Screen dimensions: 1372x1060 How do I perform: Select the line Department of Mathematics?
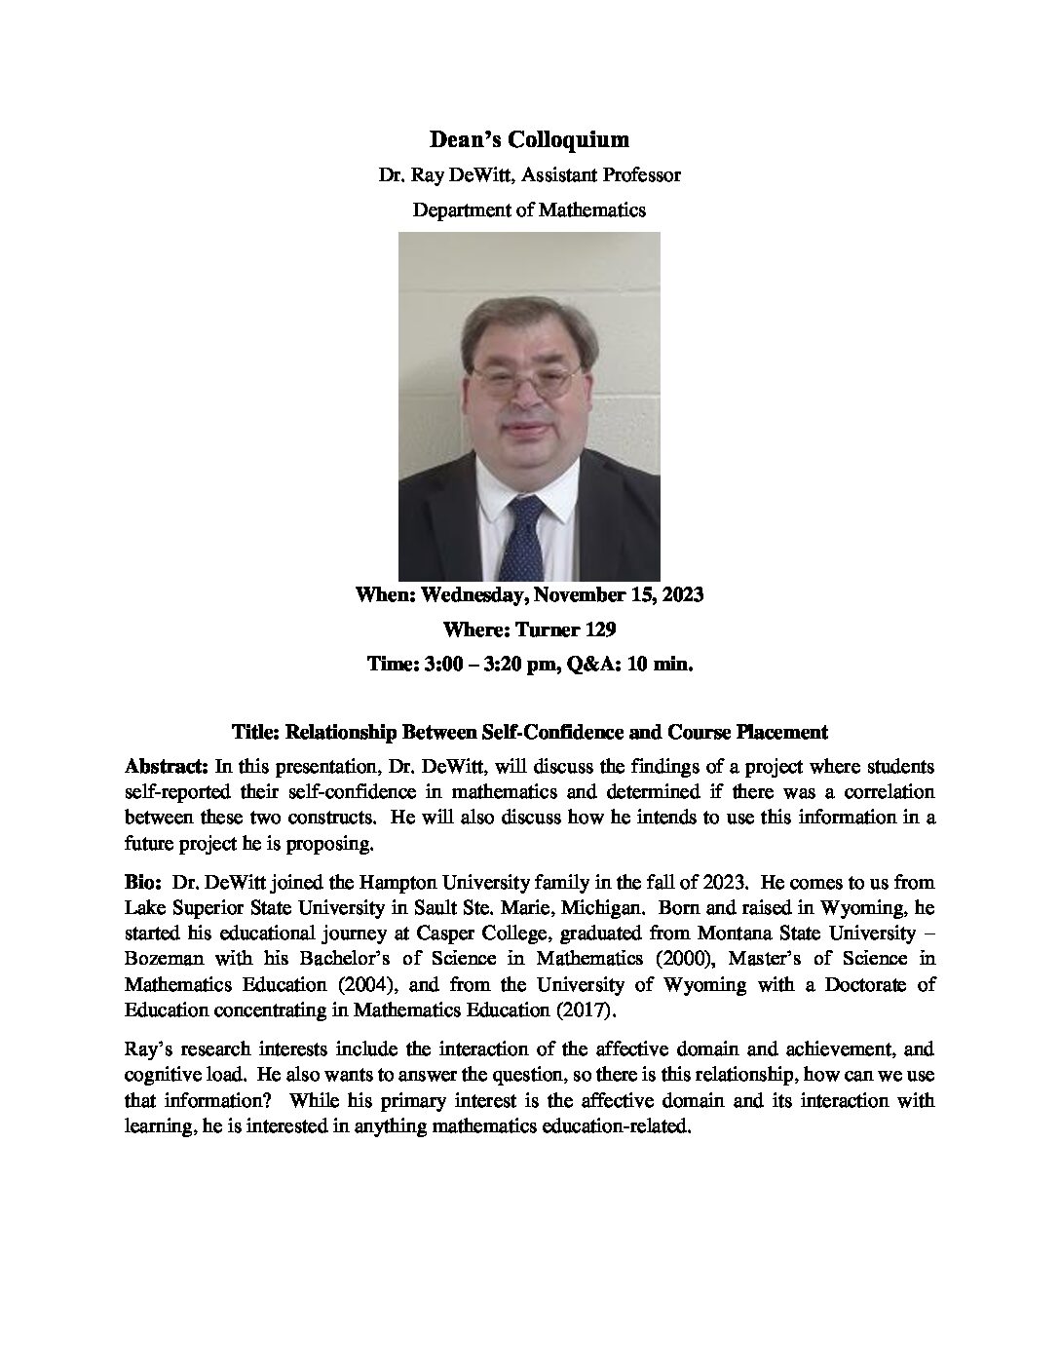click(529, 210)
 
